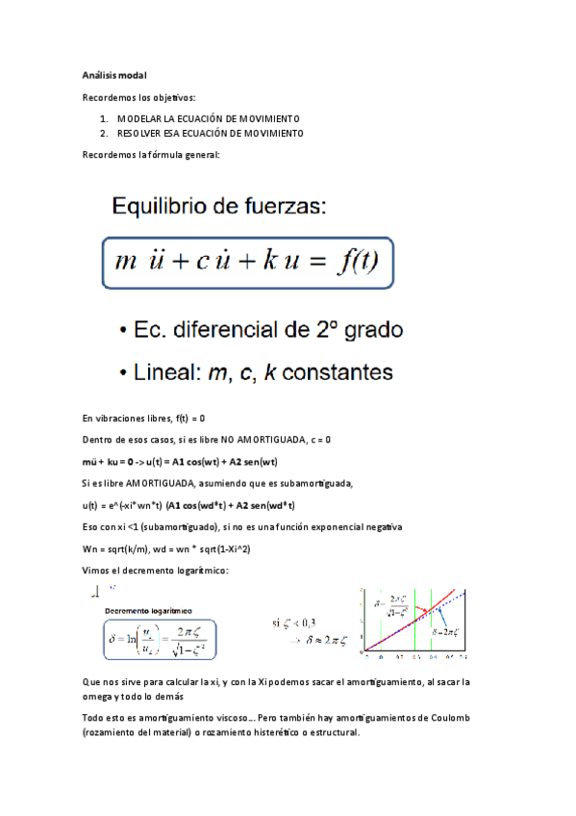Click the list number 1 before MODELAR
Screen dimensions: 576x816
point(104,117)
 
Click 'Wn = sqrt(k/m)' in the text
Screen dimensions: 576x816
point(118,548)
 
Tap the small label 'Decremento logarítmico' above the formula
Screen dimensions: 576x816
point(149,609)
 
